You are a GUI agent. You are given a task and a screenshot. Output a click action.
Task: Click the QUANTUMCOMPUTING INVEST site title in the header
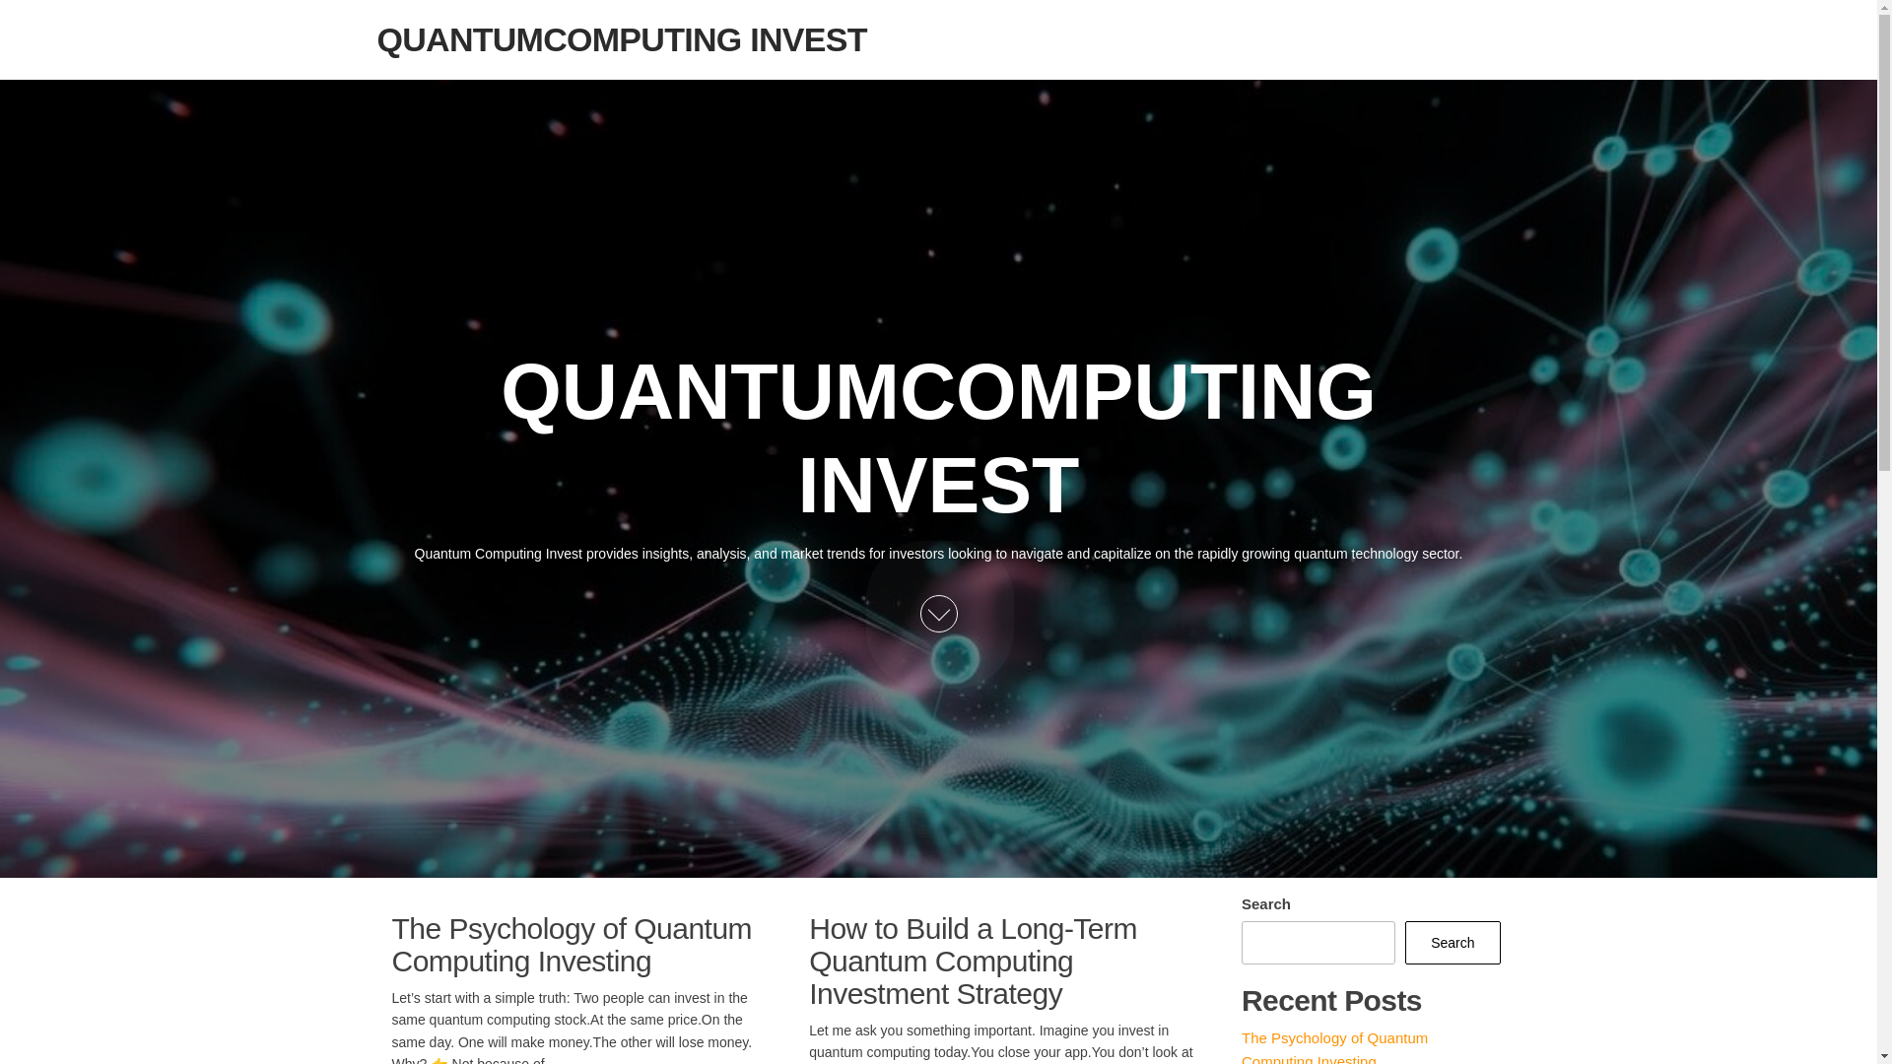pyautogui.click(x=621, y=40)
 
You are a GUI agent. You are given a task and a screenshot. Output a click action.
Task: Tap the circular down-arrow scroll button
pyautogui.click(x=938, y=614)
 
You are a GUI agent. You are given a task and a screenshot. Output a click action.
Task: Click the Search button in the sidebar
pyautogui.click(x=1452, y=943)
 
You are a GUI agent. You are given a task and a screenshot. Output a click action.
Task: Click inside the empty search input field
pyautogui.click(x=1318, y=943)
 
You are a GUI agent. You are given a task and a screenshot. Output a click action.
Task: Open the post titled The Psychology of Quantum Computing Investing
pyautogui.click(x=571, y=945)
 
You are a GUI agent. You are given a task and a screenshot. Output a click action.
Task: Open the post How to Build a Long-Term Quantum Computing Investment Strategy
pyautogui.click(x=972, y=961)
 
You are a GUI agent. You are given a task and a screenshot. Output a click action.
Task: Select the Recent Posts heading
pyautogui.click(x=1330, y=1001)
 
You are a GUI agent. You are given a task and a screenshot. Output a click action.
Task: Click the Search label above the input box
pyautogui.click(x=1265, y=904)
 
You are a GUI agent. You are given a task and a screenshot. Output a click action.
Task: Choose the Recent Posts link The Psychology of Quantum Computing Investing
pyautogui.click(x=1333, y=1047)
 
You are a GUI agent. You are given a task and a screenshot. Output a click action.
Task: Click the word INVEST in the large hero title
pyautogui.click(x=938, y=485)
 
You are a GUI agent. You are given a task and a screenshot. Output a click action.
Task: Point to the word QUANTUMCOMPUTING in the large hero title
pyautogui.click(x=937, y=392)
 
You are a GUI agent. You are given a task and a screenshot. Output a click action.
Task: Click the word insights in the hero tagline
pyautogui.click(x=665, y=554)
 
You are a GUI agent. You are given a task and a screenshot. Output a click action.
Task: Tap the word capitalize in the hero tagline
pyautogui.click(x=1121, y=554)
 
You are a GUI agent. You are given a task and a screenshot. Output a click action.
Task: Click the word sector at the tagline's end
pyautogui.click(x=1440, y=554)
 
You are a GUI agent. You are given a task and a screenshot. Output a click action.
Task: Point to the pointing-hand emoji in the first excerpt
pyautogui.click(x=439, y=1060)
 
